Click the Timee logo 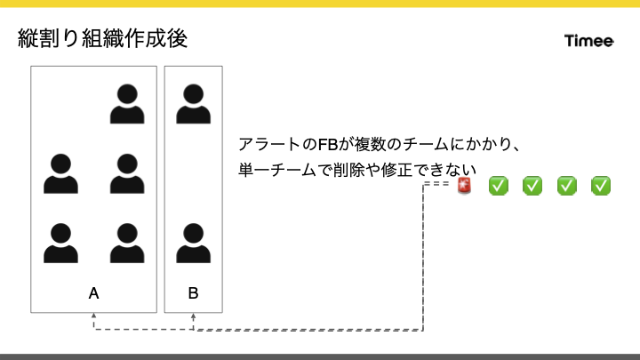pos(589,41)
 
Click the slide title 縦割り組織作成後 pos(102,39)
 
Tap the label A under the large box pos(94,292)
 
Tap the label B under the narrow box pos(193,292)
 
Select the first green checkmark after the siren pos(499,186)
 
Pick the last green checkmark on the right pos(601,186)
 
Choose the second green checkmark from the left pos(532,186)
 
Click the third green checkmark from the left pos(567,186)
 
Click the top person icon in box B pos(193,103)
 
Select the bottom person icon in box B pos(193,244)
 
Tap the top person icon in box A pos(127,103)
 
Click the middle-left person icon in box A pos(61,173)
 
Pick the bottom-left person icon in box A pos(61,244)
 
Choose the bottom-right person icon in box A pos(127,244)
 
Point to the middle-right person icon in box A pos(127,173)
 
